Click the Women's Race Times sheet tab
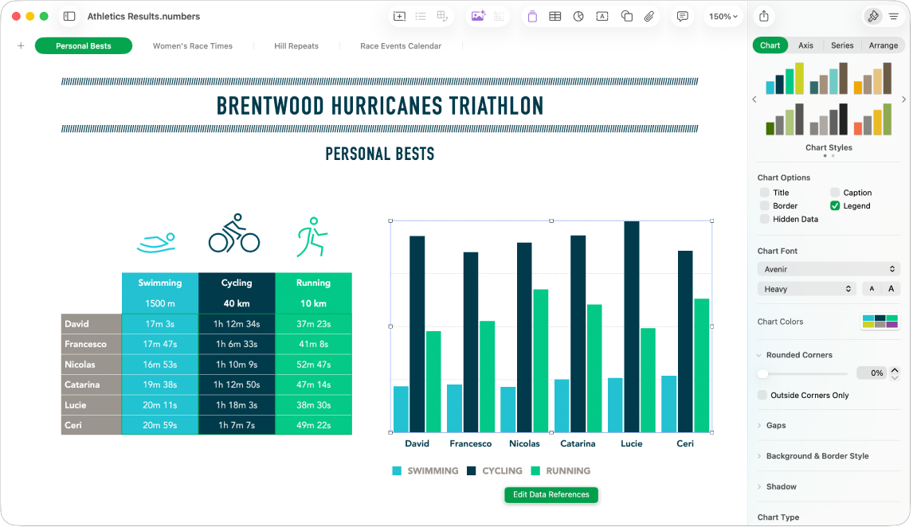point(193,46)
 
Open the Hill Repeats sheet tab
point(296,46)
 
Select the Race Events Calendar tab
point(401,46)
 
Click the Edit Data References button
point(551,494)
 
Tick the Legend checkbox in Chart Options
point(835,205)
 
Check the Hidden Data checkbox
point(765,219)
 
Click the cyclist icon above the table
point(234,233)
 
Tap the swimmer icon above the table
point(156,242)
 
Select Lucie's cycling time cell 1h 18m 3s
point(237,405)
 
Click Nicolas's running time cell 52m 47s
point(313,365)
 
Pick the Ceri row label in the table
point(91,425)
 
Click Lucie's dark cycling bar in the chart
point(632,326)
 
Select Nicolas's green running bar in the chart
point(540,360)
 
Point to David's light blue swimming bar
point(401,409)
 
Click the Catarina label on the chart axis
point(578,443)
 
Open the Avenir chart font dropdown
point(828,269)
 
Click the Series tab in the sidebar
point(842,45)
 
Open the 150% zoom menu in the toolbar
point(723,16)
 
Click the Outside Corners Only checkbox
point(763,395)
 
